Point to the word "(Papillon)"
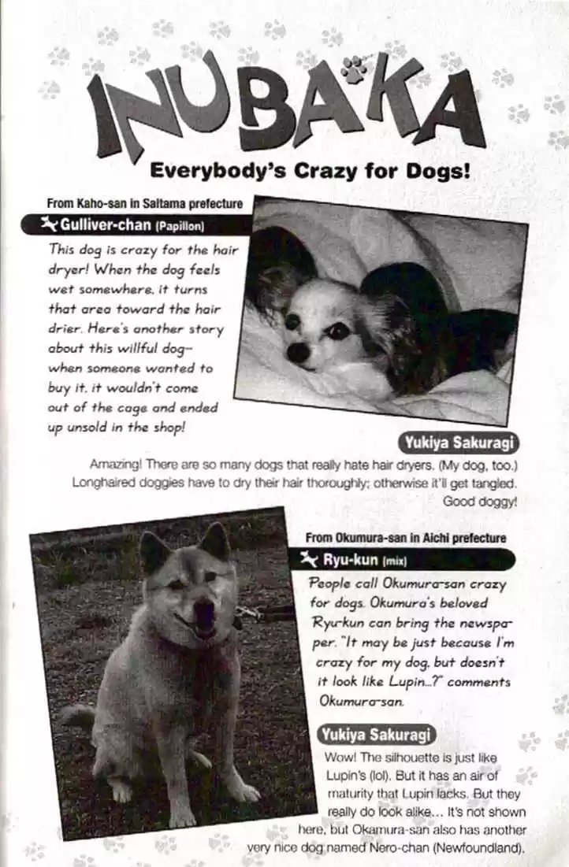pyautogui.click(x=180, y=227)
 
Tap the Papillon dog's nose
pyautogui.click(x=299, y=352)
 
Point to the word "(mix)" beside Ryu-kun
pyautogui.click(x=393, y=561)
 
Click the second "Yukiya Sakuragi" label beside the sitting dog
pyautogui.click(x=376, y=735)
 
